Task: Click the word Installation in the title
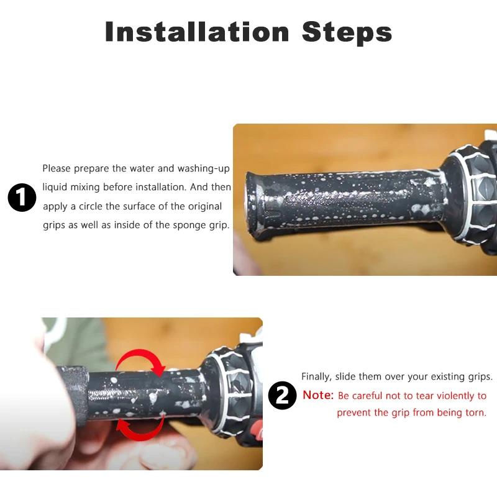(x=197, y=32)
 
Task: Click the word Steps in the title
(x=347, y=32)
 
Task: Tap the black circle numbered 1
(x=22, y=197)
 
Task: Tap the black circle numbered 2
(x=283, y=395)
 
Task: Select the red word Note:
(x=318, y=395)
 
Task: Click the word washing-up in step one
(x=204, y=168)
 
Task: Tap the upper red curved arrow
(x=140, y=362)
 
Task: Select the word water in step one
(x=142, y=168)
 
